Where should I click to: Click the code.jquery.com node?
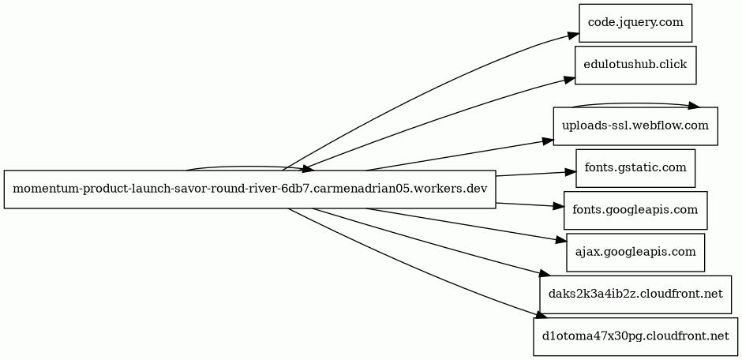pos(635,23)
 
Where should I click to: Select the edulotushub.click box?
pos(635,65)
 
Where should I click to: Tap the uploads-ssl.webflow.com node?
pos(635,126)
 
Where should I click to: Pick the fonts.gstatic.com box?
pos(635,168)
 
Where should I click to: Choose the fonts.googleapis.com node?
pos(635,210)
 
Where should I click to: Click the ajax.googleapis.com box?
pos(635,253)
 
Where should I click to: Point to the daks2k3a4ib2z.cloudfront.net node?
pos(635,294)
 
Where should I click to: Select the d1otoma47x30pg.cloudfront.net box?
pos(635,337)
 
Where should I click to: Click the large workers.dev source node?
pos(249,189)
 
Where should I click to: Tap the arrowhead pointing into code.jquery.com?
pos(573,36)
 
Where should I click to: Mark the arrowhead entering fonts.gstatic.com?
pos(570,171)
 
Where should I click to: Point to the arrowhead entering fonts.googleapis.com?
pos(558,207)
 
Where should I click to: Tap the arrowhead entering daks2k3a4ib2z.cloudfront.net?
pos(542,275)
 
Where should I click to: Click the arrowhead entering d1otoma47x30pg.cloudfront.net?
pos(537,318)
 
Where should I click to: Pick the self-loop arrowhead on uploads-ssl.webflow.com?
pos(694,106)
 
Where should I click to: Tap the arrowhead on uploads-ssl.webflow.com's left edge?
pos(548,141)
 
